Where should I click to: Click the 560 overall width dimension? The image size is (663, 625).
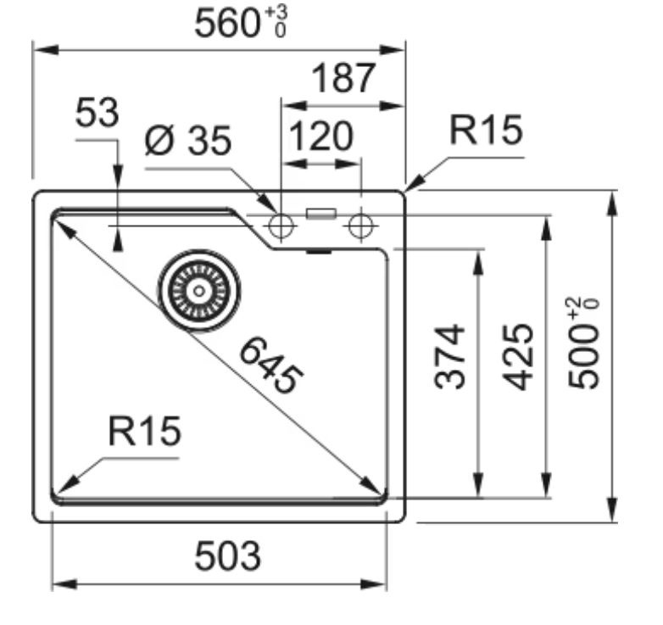226,24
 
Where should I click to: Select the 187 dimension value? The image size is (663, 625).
343,78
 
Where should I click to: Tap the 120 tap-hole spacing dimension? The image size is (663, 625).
320,137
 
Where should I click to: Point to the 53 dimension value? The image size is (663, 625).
97,113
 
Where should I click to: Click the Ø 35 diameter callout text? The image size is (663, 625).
187,141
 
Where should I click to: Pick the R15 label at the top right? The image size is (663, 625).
487,131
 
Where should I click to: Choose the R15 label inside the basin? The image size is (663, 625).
145,431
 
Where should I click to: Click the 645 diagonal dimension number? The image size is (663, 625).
271,366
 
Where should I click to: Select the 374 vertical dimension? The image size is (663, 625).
449,356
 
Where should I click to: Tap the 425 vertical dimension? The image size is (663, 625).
518,356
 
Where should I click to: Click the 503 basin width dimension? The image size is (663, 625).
227,555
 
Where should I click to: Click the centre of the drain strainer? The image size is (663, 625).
199,291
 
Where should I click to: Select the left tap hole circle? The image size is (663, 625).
281,226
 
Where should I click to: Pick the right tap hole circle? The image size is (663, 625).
360,226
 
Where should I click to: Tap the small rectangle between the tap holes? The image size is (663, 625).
321,214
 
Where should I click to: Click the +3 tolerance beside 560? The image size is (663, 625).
276,13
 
